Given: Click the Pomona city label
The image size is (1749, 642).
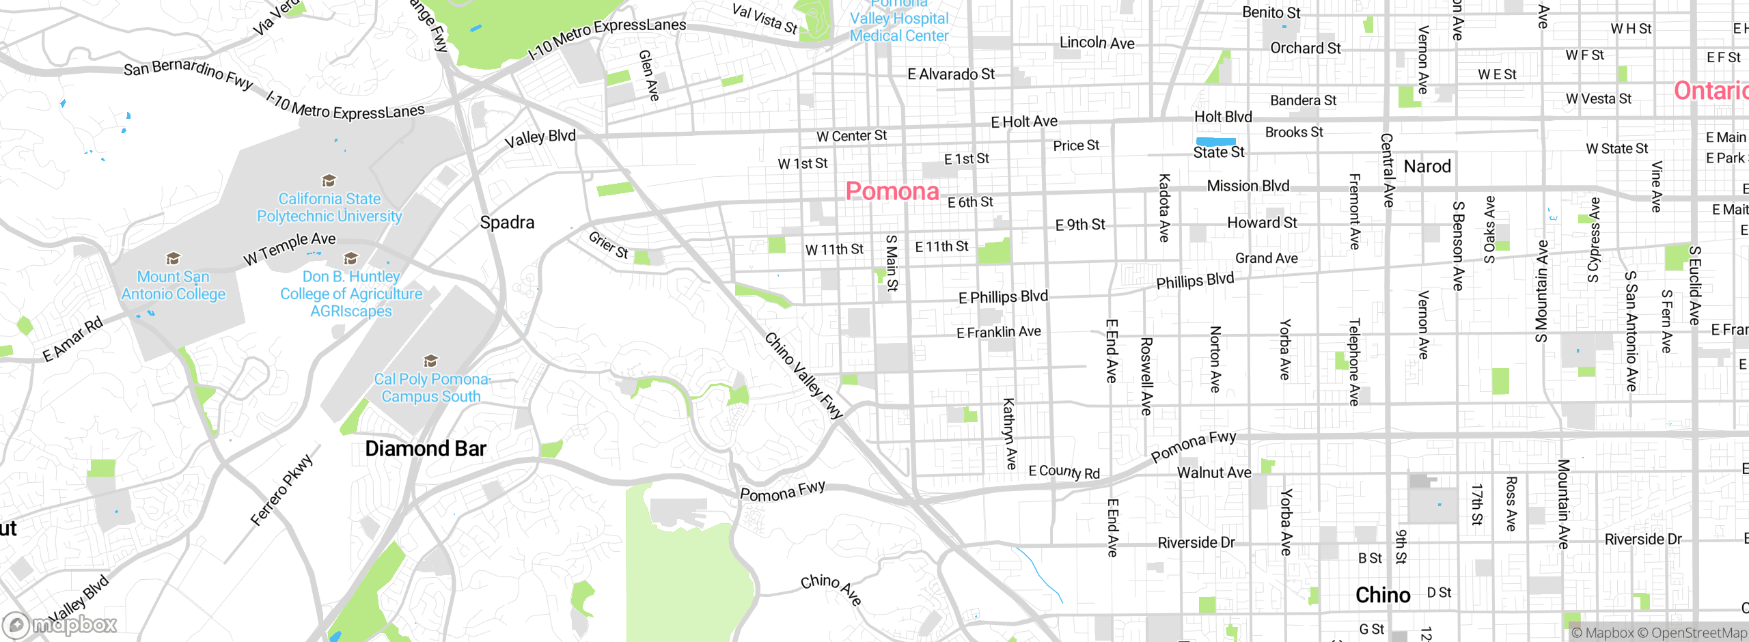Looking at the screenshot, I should tap(892, 191).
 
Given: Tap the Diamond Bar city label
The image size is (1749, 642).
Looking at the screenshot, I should tap(425, 449).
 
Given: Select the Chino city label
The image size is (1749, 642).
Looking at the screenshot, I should tap(1382, 595).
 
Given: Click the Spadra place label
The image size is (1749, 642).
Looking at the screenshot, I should tap(506, 223).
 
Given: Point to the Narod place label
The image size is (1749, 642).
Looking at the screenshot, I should tap(1427, 167).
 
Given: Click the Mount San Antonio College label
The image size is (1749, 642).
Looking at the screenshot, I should tap(173, 285).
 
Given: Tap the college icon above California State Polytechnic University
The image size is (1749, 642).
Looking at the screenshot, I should tap(329, 181).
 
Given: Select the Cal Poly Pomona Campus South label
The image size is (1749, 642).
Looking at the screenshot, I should tap(431, 388).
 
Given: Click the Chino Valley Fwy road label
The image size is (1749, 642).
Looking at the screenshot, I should tap(803, 376).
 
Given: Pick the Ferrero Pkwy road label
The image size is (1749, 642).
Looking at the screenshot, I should tap(281, 490).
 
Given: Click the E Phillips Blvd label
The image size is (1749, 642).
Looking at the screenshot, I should tap(1002, 297).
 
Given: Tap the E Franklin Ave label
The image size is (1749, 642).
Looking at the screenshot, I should tap(998, 333).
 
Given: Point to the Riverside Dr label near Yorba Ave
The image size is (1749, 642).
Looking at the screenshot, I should tap(1196, 543).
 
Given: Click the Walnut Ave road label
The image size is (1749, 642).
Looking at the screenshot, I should tap(1213, 473).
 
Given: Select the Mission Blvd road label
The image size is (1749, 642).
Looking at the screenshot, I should tap(1248, 186).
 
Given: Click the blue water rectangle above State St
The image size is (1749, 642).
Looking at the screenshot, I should tap(1215, 141).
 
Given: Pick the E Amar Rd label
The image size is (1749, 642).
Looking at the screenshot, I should tap(72, 339).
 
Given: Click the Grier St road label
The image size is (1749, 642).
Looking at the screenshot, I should tap(608, 245).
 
